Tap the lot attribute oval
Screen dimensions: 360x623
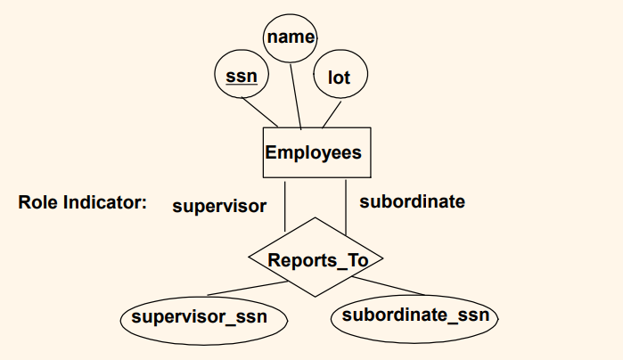coord(340,78)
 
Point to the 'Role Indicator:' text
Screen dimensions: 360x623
coord(82,202)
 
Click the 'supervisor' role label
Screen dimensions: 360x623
coord(219,207)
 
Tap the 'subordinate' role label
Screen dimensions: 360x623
coord(412,201)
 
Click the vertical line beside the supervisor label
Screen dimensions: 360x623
coord(284,205)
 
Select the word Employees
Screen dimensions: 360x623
coord(313,152)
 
